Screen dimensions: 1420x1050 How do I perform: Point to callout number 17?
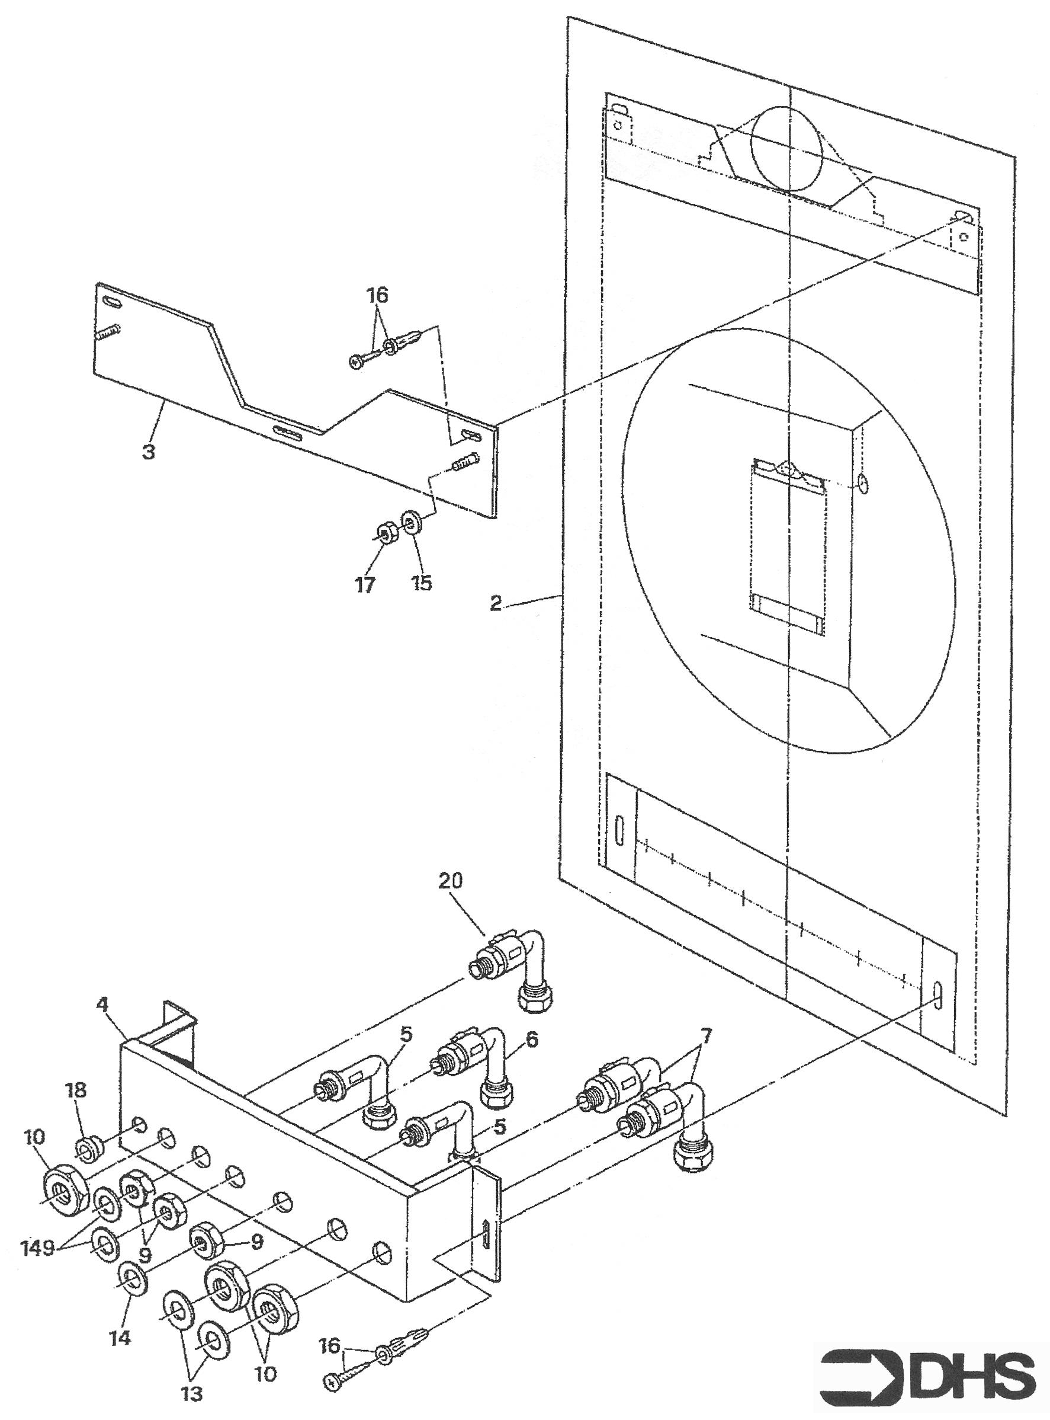(366, 583)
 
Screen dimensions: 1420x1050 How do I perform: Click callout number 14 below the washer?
(120, 1298)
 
